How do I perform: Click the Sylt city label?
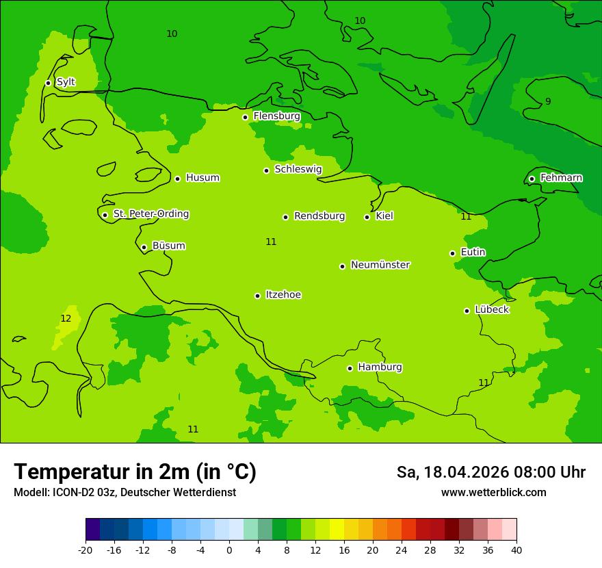click(66, 82)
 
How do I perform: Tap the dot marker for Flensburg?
click(245, 117)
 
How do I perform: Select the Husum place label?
click(202, 178)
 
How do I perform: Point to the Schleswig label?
click(298, 169)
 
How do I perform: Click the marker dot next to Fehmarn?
click(532, 179)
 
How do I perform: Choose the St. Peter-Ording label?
click(150, 214)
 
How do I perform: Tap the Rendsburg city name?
click(319, 216)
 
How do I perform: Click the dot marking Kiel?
click(367, 217)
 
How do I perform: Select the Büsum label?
click(168, 246)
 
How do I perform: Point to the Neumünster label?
click(380, 265)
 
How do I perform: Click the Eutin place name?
click(473, 252)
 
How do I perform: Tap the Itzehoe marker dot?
click(257, 296)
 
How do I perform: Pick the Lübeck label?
click(491, 309)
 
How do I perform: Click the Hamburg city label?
click(380, 367)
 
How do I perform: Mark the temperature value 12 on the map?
click(66, 318)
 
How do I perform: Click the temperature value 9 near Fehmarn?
click(548, 102)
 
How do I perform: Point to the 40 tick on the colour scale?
click(516, 550)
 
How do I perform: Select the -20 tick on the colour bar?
click(86, 550)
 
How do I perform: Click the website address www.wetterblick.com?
click(493, 492)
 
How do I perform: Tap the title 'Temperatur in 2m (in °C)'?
click(135, 472)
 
